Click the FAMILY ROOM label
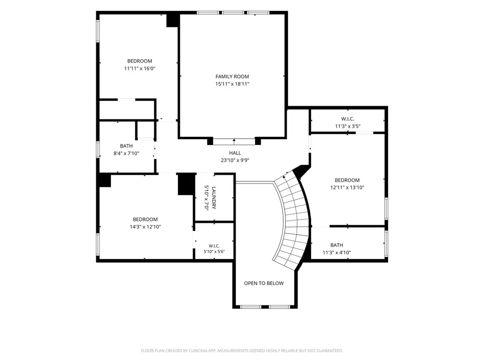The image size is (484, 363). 232,76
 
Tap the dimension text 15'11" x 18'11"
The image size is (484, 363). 232,84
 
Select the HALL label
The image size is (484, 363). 235,153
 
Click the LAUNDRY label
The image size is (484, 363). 214,198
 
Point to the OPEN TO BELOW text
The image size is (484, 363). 264,283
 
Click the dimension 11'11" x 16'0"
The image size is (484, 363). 139,68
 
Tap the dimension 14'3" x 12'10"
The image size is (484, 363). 145,227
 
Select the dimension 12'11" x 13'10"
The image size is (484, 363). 347,187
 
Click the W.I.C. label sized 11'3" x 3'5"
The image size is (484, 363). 348,119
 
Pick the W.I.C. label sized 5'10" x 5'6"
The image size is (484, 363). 214,246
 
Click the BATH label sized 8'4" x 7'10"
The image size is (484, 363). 126,146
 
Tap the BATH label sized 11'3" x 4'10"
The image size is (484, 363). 337,245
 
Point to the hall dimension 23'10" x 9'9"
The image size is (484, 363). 235,160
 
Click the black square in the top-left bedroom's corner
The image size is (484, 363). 172,20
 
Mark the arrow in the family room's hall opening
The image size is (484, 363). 234,142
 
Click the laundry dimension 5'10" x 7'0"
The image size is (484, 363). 206,198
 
